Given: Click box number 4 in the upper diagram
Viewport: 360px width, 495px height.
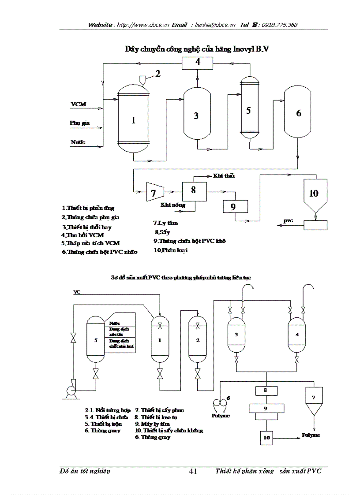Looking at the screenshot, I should click(x=198, y=63).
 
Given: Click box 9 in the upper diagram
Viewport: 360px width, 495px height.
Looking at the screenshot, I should click(x=235, y=206).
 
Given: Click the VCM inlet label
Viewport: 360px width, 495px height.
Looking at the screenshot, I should click(x=79, y=104).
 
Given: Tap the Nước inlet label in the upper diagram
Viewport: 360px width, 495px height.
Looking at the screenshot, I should click(x=78, y=142).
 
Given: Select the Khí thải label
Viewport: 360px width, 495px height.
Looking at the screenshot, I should click(x=224, y=175).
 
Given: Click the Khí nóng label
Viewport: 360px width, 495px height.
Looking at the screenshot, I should click(x=172, y=205).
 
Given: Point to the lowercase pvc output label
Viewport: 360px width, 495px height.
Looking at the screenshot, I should click(x=288, y=221).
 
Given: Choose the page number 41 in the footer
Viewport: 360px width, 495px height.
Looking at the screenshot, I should click(x=193, y=471).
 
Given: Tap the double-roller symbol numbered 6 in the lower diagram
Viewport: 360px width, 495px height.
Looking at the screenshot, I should click(x=220, y=402).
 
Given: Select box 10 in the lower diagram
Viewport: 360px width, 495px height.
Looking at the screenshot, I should click(x=266, y=437).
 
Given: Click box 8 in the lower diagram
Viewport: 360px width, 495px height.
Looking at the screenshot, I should click(x=266, y=391).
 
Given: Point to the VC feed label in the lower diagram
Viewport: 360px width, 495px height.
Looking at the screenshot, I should click(x=77, y=292).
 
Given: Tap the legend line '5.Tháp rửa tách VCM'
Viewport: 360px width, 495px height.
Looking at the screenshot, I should click(x=90, y=243).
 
